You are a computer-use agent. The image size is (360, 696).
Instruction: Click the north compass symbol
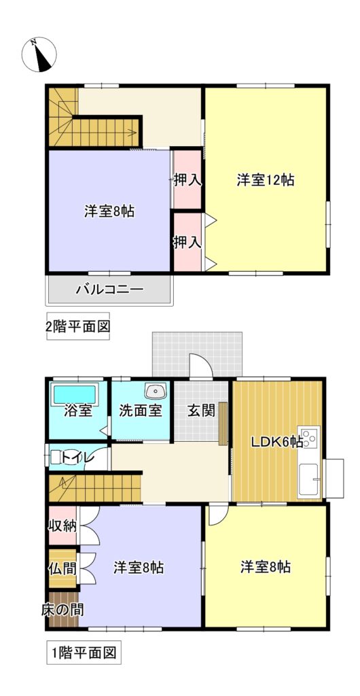39,54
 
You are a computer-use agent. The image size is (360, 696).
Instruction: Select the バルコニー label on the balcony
109,290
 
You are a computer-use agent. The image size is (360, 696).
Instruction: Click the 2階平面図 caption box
78,327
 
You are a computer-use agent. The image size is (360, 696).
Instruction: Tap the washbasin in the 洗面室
155,391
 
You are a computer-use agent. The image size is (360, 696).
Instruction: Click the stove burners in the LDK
310,437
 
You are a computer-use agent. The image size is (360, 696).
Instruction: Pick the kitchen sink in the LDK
308,480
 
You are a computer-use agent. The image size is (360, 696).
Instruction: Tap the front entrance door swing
201,365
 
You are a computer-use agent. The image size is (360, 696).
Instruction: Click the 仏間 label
62,569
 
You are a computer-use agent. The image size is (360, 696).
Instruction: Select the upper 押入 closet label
187,179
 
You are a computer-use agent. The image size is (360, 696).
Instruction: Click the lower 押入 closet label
187,242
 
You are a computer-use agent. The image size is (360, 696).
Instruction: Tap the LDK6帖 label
277,442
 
